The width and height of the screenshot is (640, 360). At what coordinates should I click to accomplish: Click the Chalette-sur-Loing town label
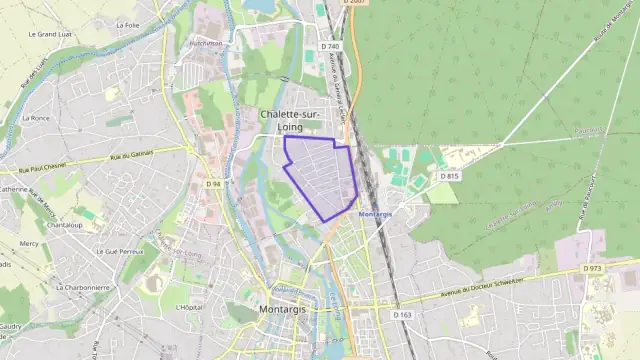click(290, 121)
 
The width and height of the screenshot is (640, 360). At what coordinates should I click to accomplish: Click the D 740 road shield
click(331, 47)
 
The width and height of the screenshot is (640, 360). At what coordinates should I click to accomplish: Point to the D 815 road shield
click(449, 177)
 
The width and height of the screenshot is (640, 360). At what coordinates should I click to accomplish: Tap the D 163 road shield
click(403, 315)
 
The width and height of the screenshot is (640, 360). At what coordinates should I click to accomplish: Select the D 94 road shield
click(214, 184)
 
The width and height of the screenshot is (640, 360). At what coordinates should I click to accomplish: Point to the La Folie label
click(127, 25)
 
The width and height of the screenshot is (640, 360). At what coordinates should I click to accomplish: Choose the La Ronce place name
click(40, 118)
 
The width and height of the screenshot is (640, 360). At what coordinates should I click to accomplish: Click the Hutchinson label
click(206, 44)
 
